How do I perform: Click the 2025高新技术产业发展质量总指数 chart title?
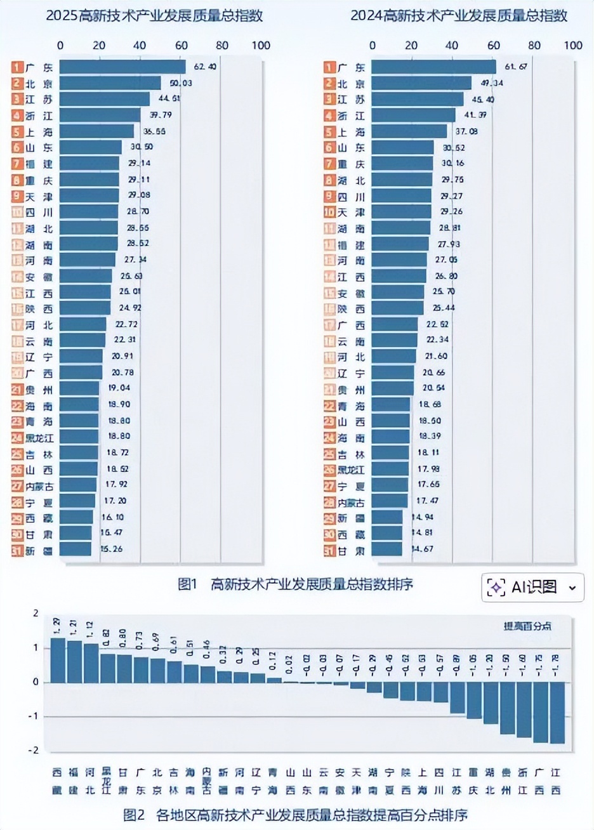point(154,16)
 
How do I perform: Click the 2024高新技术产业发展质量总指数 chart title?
point(459,16)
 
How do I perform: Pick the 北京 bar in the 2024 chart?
point(421,84)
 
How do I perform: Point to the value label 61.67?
point(515,67)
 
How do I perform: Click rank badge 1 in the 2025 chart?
point(16,67)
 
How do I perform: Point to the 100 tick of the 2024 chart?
point(572,45)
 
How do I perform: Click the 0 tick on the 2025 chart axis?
point(60,45)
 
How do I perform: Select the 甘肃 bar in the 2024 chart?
point(386,550)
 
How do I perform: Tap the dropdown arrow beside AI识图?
point(572,588)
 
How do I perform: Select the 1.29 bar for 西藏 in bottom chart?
point(58,660)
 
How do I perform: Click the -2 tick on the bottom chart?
point(36,749)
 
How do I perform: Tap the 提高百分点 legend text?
point(527,626)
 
